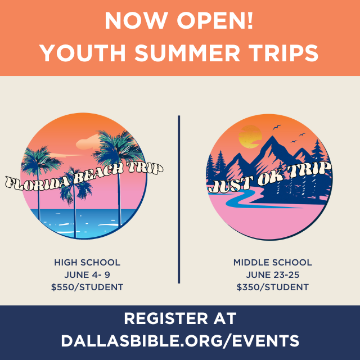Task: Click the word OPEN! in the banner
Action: click(x=215, y=20)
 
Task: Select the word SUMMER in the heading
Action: click(x=187, y=53)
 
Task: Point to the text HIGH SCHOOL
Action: click(x=87, y=263)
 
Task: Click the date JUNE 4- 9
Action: click(x=87, y=275)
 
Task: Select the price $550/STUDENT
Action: click(x=87, y=287)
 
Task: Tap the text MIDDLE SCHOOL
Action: click(x=273, y=263)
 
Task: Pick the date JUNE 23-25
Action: click(x=273, y=275)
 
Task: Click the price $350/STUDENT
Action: click(x=273, y=287)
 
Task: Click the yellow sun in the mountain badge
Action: click(x=250, y=137)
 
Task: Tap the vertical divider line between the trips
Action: click(x=179, y=200)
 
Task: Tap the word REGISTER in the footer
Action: click(x=165, y=318)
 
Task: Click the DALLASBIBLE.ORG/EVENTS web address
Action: click(x=180, y=341)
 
